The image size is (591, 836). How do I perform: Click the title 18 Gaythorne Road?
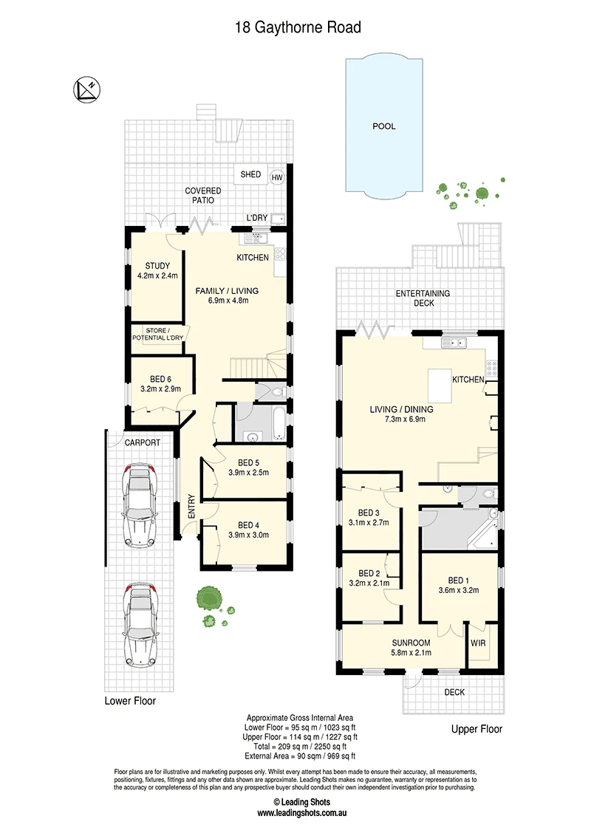298,27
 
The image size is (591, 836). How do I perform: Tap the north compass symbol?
87,89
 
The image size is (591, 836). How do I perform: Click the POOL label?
384,126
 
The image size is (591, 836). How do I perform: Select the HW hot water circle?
277,177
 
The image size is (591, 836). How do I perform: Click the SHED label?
250,174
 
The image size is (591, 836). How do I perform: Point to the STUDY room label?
157,266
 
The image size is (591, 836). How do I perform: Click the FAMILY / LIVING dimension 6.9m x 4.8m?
228,301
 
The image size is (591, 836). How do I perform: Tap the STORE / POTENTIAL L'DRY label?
158,335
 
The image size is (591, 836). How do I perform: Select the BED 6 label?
160,379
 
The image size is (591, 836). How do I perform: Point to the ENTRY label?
191,506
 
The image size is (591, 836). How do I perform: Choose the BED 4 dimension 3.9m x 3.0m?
248,535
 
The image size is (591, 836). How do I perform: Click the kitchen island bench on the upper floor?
440,386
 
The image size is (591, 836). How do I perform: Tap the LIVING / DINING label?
402,409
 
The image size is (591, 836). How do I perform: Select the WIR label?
478,643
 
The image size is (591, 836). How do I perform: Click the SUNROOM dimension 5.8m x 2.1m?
411,653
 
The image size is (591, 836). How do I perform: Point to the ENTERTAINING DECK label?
423,298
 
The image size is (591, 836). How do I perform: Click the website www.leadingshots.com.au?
302,813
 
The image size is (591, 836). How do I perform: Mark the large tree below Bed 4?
207,597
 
